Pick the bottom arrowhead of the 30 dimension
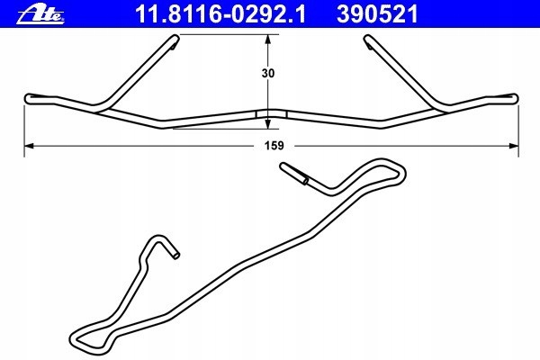click(x=267, y=123)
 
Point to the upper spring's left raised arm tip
click(x=172, y=39)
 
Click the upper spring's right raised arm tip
click(x=369, y=39)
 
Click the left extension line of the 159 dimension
click(x=24, y=126)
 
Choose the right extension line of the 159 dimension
click(x=518, y=126)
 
